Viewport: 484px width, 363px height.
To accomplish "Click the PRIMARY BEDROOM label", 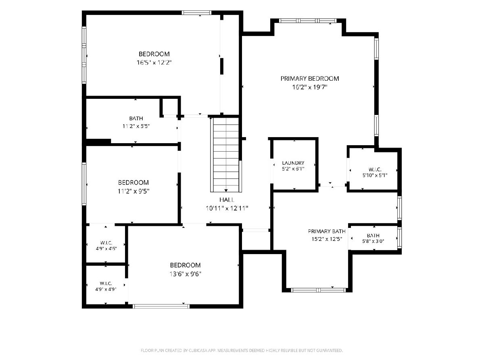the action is [x=310, y=79].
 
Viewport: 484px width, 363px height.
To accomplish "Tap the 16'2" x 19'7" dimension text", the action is [x=310, y=87].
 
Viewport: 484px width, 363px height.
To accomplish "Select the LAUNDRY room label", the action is [x=293, y=163].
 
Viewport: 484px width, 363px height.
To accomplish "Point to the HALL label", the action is [x=227, y=200].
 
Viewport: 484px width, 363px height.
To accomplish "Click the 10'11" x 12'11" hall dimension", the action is [x=227, y=208].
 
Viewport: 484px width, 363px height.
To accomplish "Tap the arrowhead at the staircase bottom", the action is [x=226, y=190].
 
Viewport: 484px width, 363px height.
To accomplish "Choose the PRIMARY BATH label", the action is [x=327, y=232].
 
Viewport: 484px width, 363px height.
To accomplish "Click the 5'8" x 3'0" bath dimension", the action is [x=373, y=241].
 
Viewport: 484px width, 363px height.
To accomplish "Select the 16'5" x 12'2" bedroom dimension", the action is [x=154, y=63].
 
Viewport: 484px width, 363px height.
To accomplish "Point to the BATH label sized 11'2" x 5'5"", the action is [x=136, y=119].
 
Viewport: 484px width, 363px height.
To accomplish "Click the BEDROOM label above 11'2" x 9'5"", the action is [x=134, y=182].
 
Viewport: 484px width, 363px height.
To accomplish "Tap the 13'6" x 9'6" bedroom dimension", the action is [x=185, y=274].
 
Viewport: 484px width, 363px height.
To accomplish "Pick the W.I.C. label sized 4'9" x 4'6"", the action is [x=106, y=243].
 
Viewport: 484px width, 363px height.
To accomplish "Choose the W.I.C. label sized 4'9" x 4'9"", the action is [x=106, y=284].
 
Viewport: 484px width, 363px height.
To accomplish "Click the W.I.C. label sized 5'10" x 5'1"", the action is [x=375, y=169].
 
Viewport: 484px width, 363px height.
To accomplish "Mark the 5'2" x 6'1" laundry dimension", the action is [x=293, y=169].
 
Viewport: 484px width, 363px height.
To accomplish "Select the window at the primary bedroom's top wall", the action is [x=308, y=21].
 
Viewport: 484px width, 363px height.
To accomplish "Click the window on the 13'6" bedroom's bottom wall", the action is [x=161, y=306].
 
